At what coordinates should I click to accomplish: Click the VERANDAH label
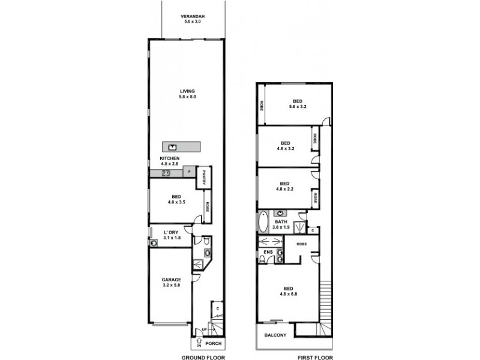click(x=193, y=16)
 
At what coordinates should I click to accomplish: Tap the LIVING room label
click(x=187, y=91)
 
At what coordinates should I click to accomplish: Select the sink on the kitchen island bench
click(x=172, y=146)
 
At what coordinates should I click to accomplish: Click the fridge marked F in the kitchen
click(x=190, y=172)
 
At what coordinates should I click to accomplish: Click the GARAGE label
click(x=171, y=279)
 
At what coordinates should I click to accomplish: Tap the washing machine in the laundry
click(x=154, y=243)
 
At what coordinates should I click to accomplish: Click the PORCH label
click(x=213, y=344)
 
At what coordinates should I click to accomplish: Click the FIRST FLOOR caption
click(x=314, y=356)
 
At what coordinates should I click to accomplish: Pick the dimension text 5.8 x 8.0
click(x=187, y=97)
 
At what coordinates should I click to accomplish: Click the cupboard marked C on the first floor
click(x=314, y=230)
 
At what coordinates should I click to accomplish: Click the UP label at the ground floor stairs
click(x=205, y=329)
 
